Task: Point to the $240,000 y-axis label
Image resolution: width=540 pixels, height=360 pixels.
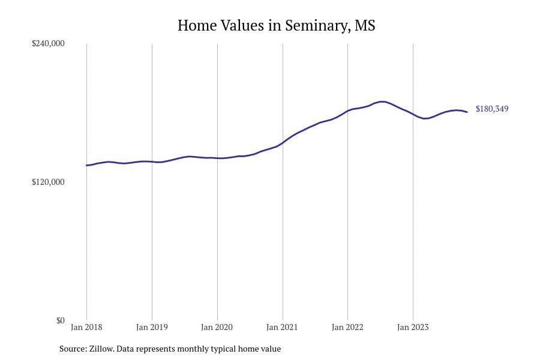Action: coord(48,44)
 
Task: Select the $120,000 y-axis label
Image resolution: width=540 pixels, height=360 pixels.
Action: coord(48,182)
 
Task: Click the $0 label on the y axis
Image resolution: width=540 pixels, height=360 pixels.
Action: coord(60,320)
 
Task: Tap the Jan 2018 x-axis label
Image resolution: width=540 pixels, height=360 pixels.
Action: coord(86,327)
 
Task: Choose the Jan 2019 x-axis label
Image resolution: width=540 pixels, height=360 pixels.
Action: coord(152,327)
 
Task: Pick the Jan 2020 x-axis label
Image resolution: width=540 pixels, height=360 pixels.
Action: coord(217,327)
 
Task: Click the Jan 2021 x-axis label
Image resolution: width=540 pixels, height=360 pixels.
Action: coord(283,327)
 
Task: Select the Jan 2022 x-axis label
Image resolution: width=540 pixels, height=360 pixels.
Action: coord(347,327)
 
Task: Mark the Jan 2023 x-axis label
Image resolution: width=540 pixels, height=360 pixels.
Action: coord(413,327)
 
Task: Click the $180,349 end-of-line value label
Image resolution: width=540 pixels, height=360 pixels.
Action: coord(492,109)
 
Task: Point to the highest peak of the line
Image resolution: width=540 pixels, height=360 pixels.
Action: coord(382,101)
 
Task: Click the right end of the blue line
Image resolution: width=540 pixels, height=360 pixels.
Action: coord(467,112)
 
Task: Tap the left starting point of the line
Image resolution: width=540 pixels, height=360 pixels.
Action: coord(86,165)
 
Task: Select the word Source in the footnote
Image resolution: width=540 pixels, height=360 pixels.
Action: coord(72,349)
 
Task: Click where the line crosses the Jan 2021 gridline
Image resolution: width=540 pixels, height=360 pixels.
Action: coord(283,143)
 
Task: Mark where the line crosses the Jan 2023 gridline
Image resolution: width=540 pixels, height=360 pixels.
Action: coord(413,114)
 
